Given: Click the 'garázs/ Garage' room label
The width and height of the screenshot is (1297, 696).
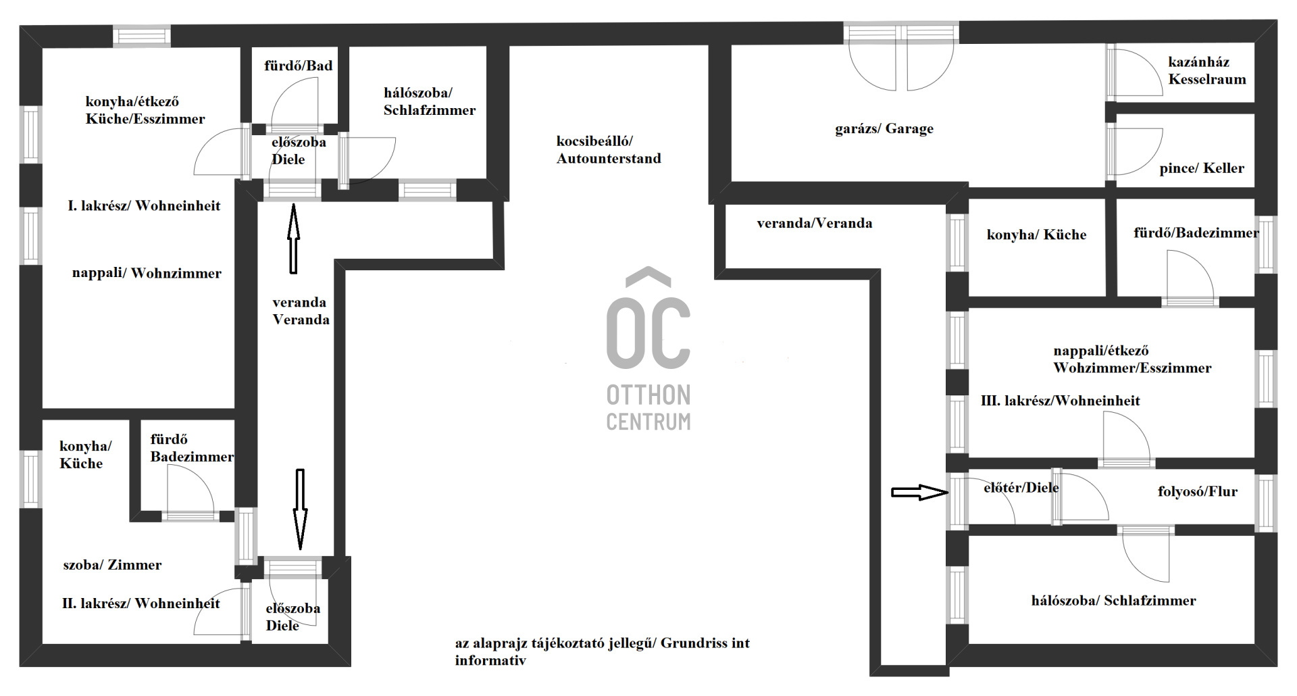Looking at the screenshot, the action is tap(884, 128).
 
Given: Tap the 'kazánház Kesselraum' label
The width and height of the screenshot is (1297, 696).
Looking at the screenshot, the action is tap(1207, 70).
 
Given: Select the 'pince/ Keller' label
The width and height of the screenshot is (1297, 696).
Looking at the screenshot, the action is tap(1202, 168).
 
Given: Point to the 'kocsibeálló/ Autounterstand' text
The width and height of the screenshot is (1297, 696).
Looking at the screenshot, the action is tap(609, 149).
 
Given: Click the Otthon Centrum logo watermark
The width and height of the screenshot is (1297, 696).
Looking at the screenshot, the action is tap(648, 349).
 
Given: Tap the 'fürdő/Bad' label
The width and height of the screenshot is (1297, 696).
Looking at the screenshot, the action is tap(298, 66).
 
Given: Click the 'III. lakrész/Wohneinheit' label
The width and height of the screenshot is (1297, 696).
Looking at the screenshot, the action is tap(1060, 401).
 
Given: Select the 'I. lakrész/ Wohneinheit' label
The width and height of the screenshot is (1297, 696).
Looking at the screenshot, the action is tap(144, 205).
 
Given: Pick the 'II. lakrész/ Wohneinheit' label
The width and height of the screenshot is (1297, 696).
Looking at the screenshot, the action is tap(141, 603).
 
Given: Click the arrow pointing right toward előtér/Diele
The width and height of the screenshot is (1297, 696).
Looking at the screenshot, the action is tap(920, 493).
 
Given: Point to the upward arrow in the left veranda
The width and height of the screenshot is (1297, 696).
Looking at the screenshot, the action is tap(293, 239).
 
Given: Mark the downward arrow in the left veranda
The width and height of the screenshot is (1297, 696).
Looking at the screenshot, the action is tap(300, 509).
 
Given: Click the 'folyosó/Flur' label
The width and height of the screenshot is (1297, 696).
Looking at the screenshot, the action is tap(1198, 492).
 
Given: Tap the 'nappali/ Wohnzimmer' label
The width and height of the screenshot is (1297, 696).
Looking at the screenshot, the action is tap(147, 273).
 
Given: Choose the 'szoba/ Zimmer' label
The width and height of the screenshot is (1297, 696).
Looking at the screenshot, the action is tap(112, 565).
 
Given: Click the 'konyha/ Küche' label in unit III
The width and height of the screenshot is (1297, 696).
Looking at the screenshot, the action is tap(1036, 234).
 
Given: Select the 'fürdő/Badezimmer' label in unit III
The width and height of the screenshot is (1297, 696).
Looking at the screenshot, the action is tap(1196, 233).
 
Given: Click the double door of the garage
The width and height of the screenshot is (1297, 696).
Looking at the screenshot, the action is tap(901, 58).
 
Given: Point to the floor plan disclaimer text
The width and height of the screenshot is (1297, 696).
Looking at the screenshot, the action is tap(602, 651).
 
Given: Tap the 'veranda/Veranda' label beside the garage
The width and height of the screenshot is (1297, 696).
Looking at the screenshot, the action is tap(814, 223).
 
